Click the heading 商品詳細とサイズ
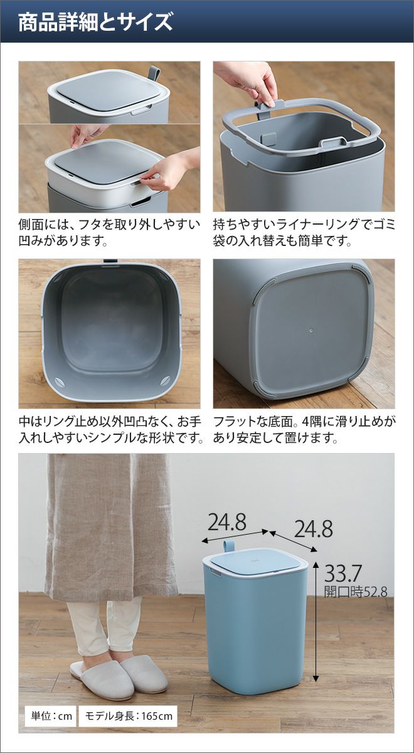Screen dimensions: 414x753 [95, 23]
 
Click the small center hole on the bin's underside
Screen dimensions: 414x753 [311, 331]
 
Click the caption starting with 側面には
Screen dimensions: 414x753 [109, 233]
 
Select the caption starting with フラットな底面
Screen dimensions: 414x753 [304, 430]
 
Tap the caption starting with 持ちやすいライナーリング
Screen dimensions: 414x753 [304, 233]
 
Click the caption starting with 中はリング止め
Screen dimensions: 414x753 [110, 430]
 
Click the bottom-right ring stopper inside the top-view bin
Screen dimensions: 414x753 [166, 381]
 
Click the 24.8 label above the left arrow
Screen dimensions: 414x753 [227, 523]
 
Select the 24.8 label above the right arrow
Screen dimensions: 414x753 [313, 529]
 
